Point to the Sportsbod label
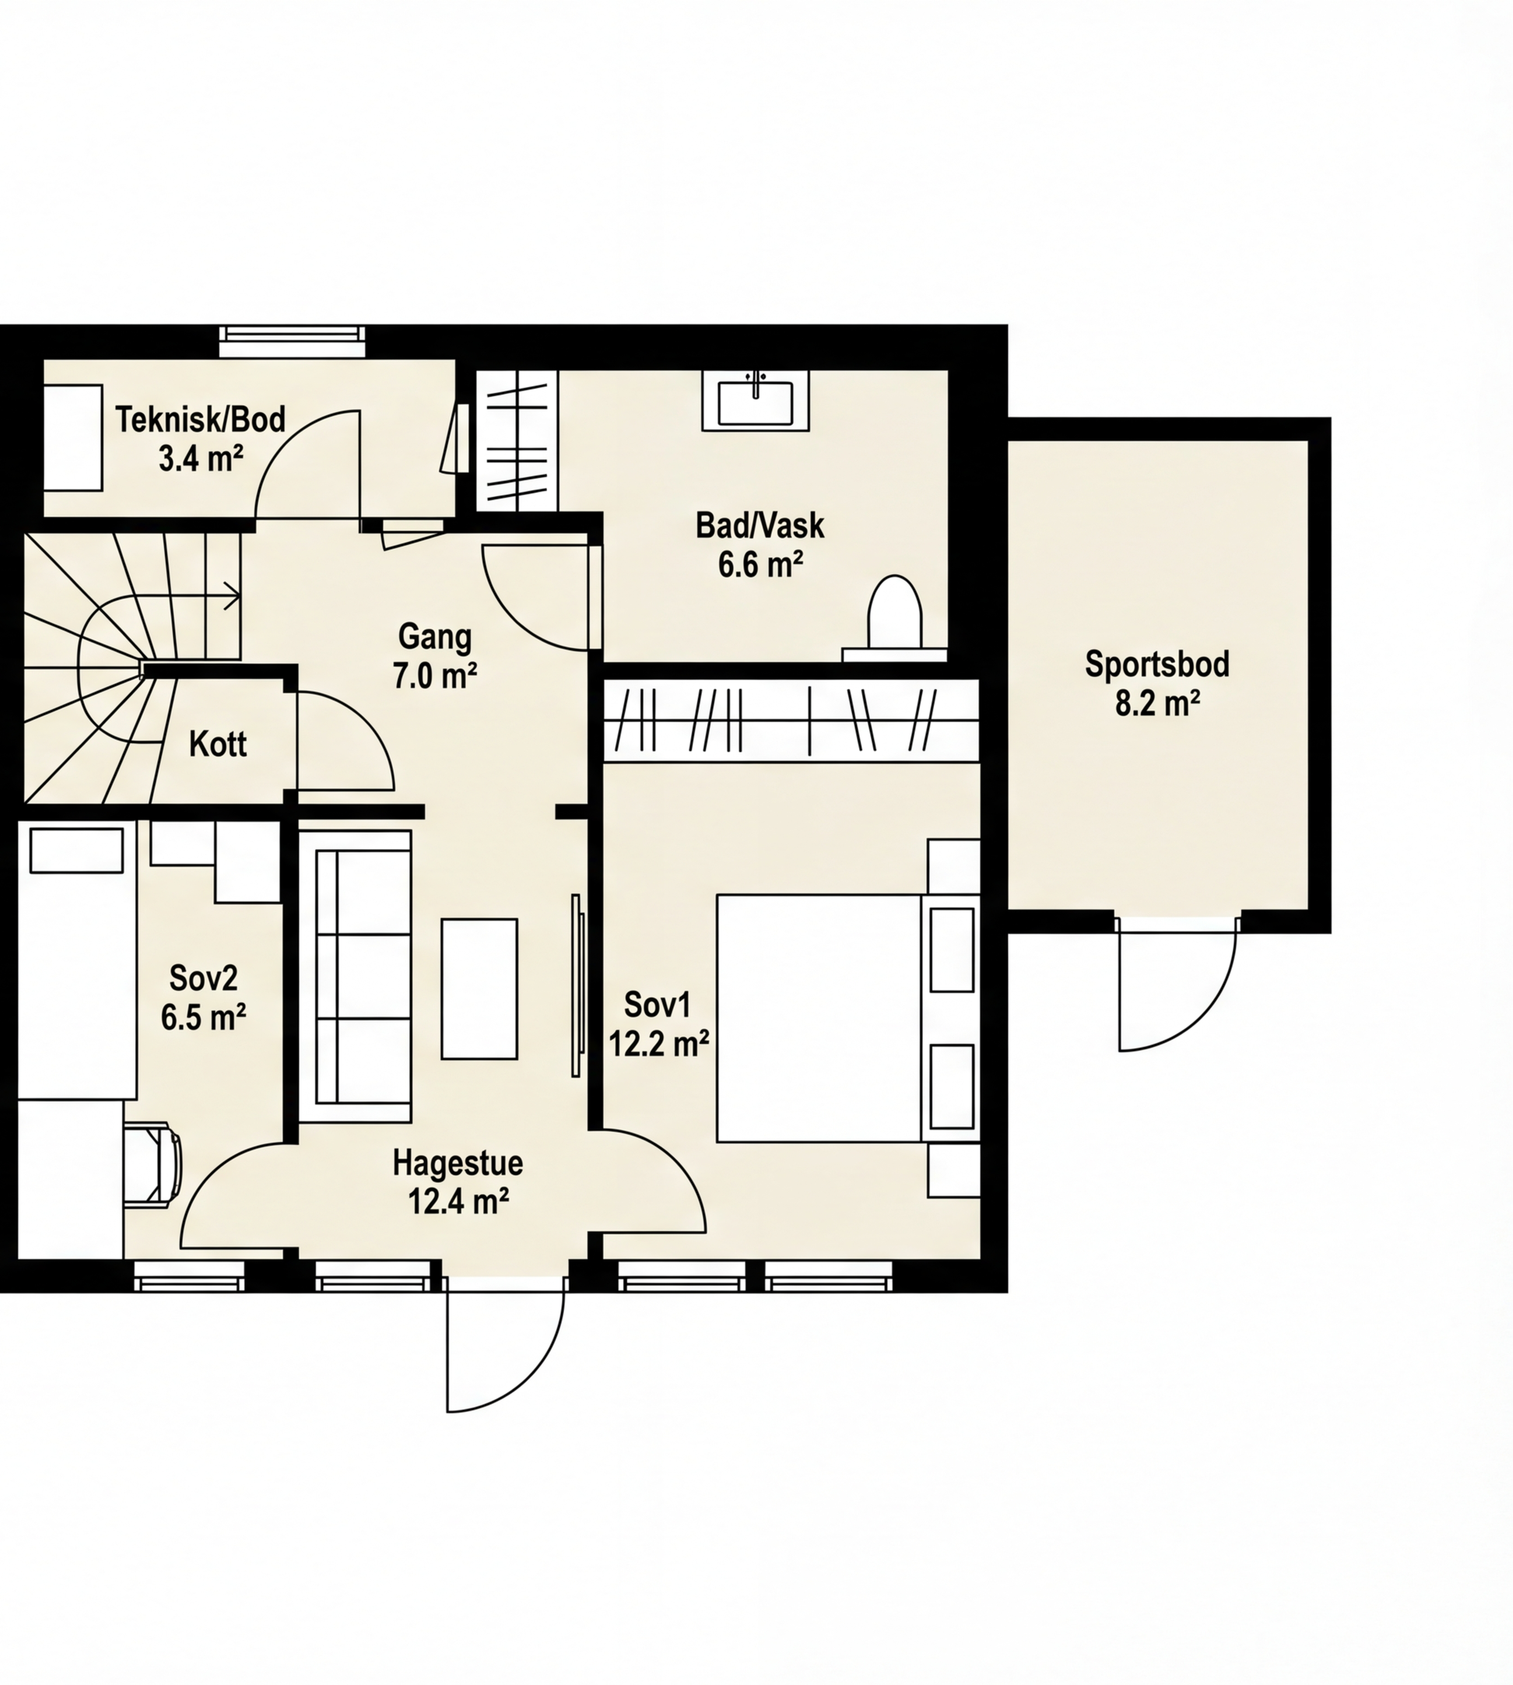tap(1157, 665)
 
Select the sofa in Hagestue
tap(362, 977)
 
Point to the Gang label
tap(435, 637)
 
